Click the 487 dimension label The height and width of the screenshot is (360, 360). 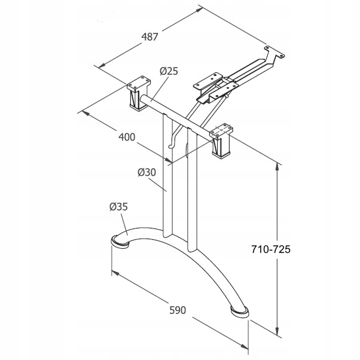point(150,37)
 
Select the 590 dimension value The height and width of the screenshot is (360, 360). point(178,310)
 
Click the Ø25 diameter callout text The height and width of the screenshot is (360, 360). point(169,71)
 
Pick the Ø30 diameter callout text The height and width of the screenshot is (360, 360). point(147,172)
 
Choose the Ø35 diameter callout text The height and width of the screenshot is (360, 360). point(118,207)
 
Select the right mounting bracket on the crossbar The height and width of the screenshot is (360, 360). point(222,142)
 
